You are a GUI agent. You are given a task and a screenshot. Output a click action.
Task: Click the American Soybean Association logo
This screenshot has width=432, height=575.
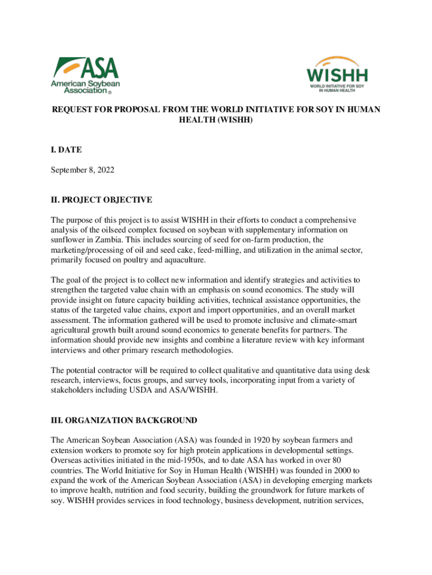click(85, 75)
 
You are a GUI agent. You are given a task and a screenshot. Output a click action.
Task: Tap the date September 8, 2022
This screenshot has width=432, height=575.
click(82, 170)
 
